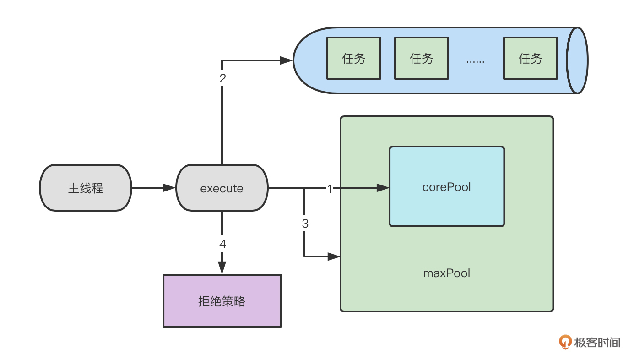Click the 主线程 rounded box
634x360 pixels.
pyautogui.click(x=86, y=188)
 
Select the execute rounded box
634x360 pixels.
pyautogui.click(x=222, y=188)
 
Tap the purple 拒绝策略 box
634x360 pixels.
pyautogui.click(x=222, y=301)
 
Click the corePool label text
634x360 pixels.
pyautogui.click(x=447, y=187)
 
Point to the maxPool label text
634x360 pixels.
pyautogui.click(x=447, y=273)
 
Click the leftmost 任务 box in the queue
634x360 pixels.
pyautogui.click(x=354, y=58)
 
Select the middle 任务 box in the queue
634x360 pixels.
pyautogui.click(x=422, y=58)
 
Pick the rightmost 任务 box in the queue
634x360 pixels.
pyautogui.click(x=531, y=58)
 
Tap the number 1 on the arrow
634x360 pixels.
pyautogui.click(x=330, y=188)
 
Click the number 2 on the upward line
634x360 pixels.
pyautogui.click(x=222, y=78)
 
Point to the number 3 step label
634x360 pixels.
pyautogui.click(x=305, y=224)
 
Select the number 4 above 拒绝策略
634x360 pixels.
pyautogui.click(x=222, y=244)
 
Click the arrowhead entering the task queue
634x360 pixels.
pyautogui.click(x=287, y=60)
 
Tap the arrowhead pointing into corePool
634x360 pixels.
pyautogui.click(x=383, y=188)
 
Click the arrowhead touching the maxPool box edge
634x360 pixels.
pyautogui.click(x=335, y=256)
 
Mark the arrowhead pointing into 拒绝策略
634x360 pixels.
pyautogui.click(x=222, y=268)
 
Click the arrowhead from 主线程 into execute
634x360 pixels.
pyautogui.click(x=170, y=188)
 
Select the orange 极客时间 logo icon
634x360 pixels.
pyautogui.click(x=566, y=342)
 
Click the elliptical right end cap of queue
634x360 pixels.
pyautogui.click(x=577, y=60)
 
